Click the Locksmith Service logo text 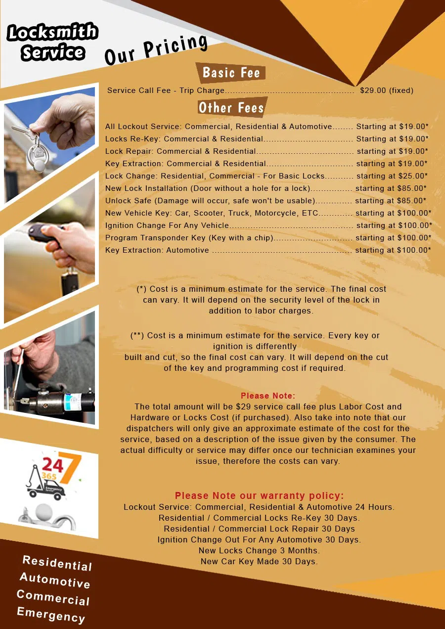(x=52, y=42)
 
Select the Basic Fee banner (x=231, y=73)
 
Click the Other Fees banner (x=231, y=107)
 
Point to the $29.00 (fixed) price (x=387, y=90)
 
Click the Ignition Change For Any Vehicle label (x=167, y=225)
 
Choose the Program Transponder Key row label (x=189, y=238)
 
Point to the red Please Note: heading (x=268, y=396)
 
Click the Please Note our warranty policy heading (x=259, y=495)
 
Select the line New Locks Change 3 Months (x=259, y=550)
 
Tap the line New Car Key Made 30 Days (x=259, y=561)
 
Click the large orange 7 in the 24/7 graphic (x=69, y=467)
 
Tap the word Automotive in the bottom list (x=55, y=580)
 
